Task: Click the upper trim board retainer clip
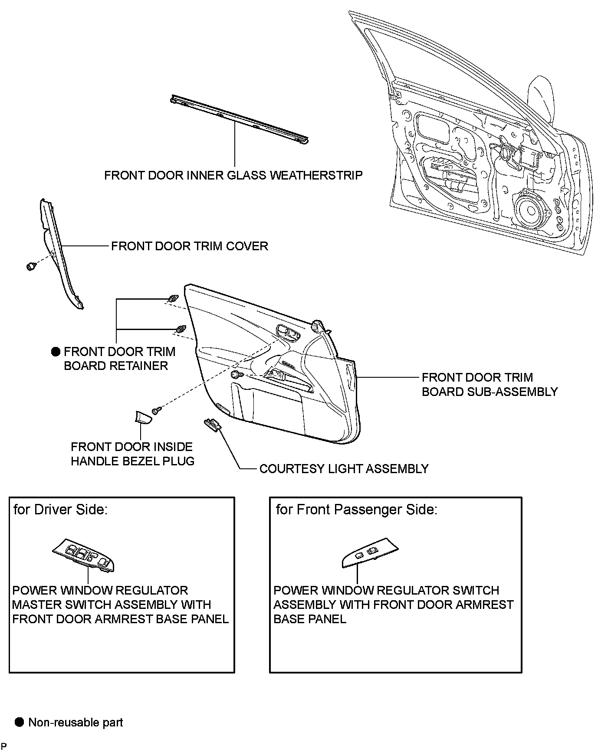[x=173, y=299]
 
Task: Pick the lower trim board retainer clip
[x=180, y=329]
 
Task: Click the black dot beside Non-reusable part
[x=19, y=722]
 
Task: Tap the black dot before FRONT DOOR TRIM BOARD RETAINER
[x=56, y=351]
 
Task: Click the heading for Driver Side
[x=60, y=509]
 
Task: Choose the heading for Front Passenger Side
[x=356, y=509]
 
